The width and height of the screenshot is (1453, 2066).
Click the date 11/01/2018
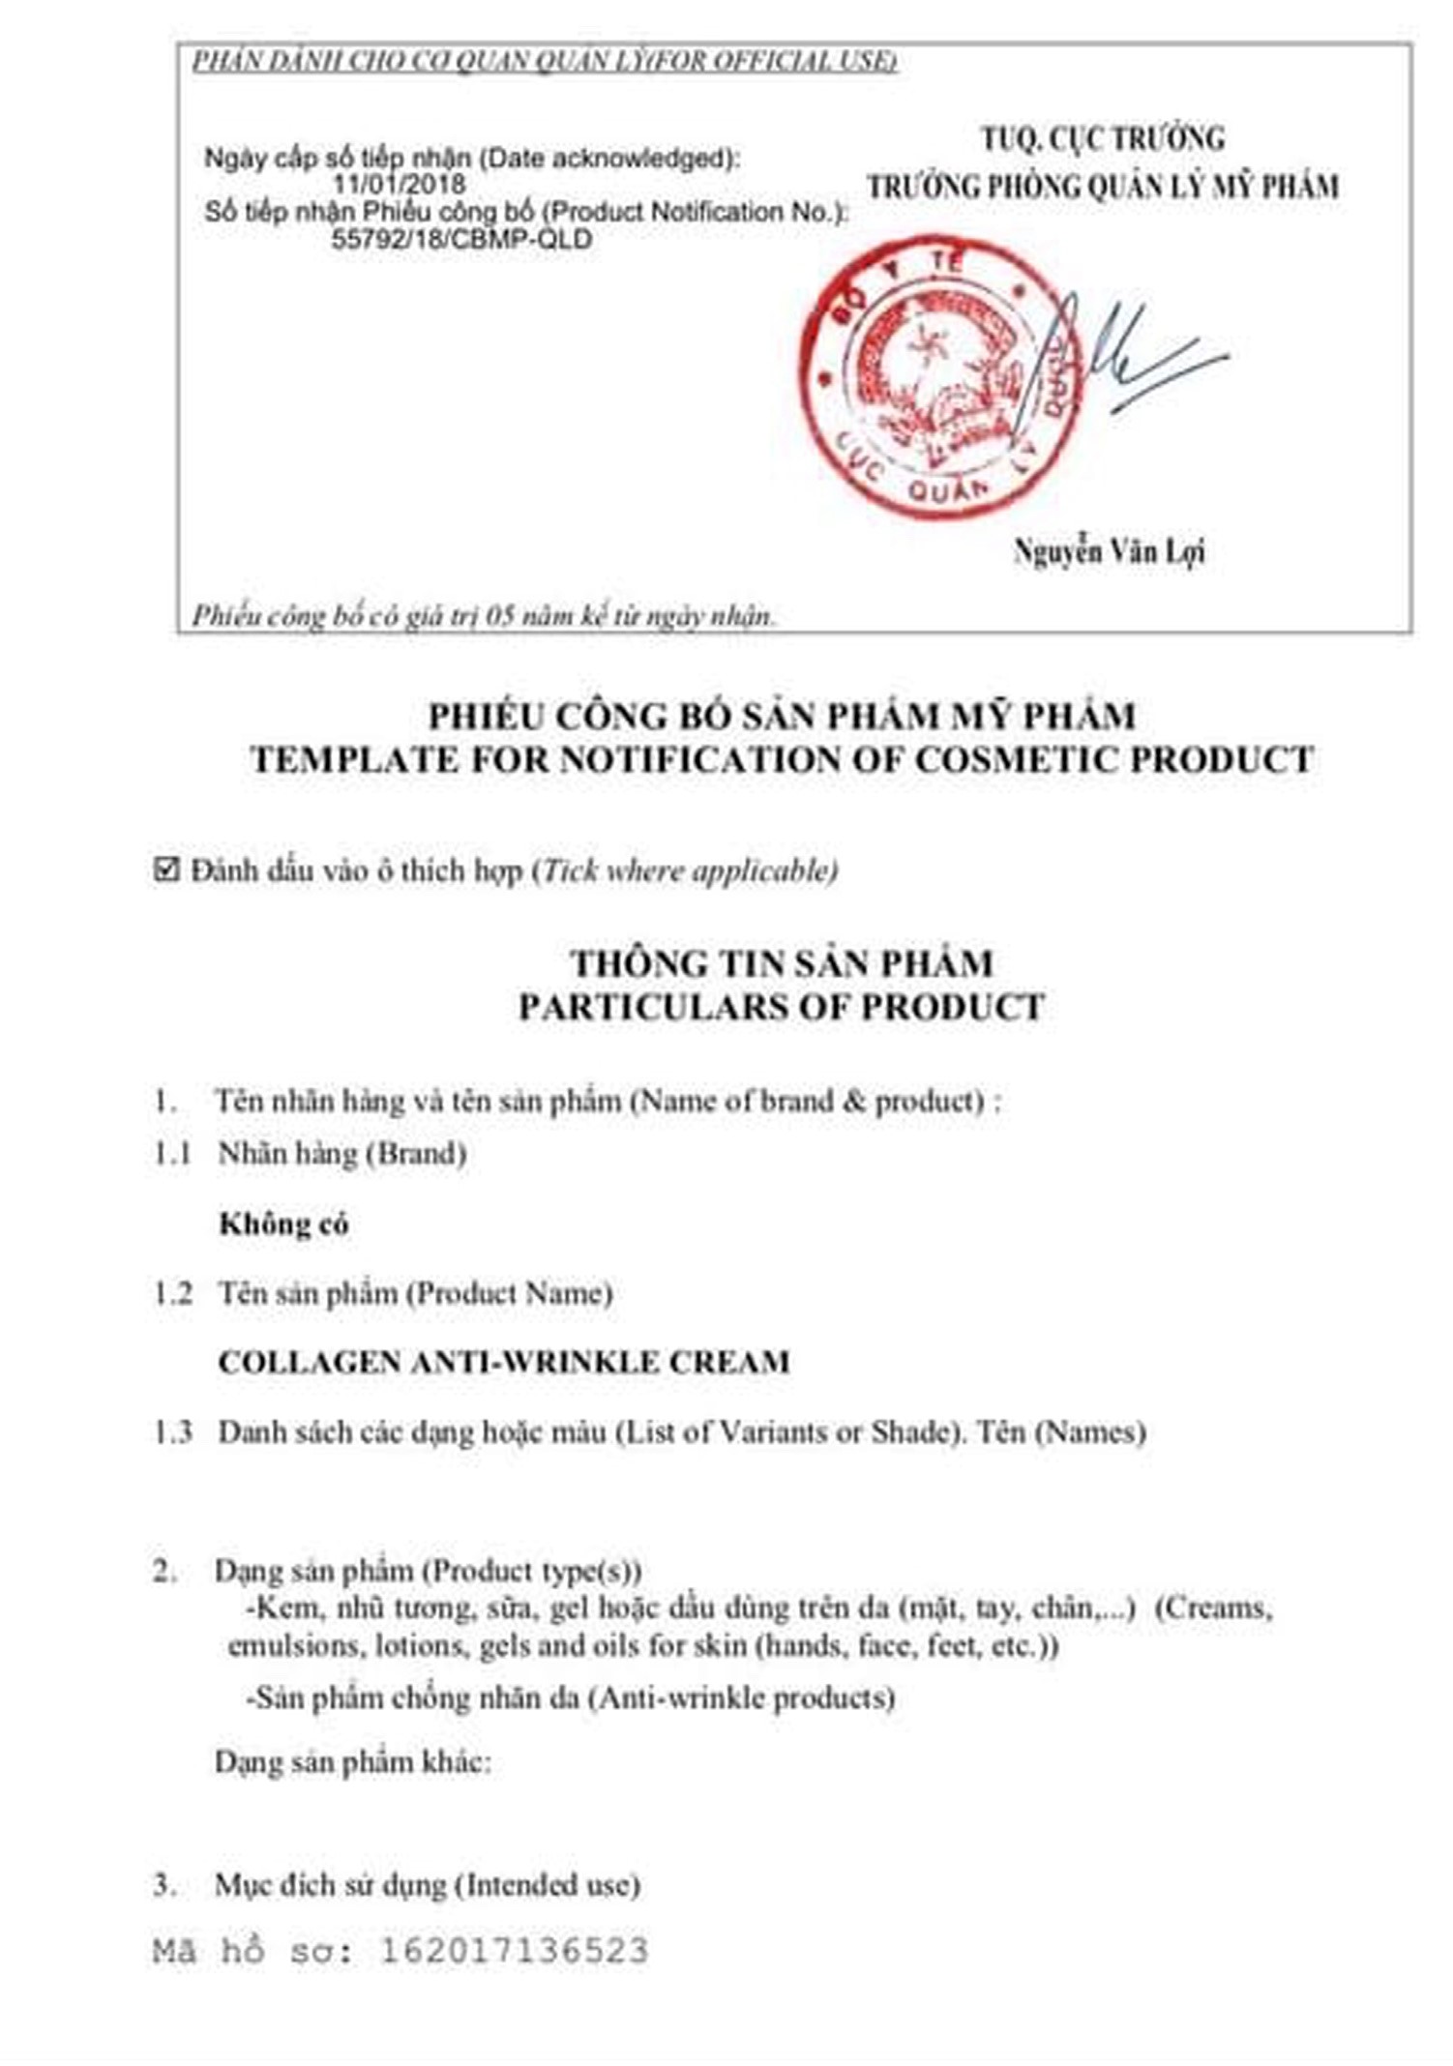click(399, 184)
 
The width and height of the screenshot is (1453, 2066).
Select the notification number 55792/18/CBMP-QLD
click(461, 239)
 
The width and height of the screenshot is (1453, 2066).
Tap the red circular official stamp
click(936, 377)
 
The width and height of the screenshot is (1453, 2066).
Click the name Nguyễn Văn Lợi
click(1109, 552)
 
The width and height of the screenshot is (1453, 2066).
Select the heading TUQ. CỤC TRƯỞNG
click(1103, 139)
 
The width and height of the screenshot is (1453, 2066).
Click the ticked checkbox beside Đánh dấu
click(166, 871)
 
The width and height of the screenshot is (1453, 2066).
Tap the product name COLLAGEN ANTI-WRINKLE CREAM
click(503, 1362)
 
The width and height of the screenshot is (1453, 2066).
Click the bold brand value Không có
click(283, 1225)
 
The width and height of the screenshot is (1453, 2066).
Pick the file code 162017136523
click(513, 1950)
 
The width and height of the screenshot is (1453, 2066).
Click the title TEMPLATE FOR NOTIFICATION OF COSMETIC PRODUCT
click(782, 759)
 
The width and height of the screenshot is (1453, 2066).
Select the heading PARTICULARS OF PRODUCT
click(782, 1007)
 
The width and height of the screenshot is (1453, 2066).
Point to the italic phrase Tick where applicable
click(689, 871)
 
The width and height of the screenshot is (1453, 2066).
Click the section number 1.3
click(173, 1432)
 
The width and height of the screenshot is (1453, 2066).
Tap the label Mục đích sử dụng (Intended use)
click(427, 1884)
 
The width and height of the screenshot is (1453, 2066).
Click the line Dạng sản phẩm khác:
click(353, 1762)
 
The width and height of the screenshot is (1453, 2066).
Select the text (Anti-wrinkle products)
click(741, 1697)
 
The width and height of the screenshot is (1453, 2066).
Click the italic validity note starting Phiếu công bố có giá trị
click(484, 615)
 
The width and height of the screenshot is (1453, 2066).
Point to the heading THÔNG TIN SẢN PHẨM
click(782, 963)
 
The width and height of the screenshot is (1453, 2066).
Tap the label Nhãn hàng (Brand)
click(342, 1154)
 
